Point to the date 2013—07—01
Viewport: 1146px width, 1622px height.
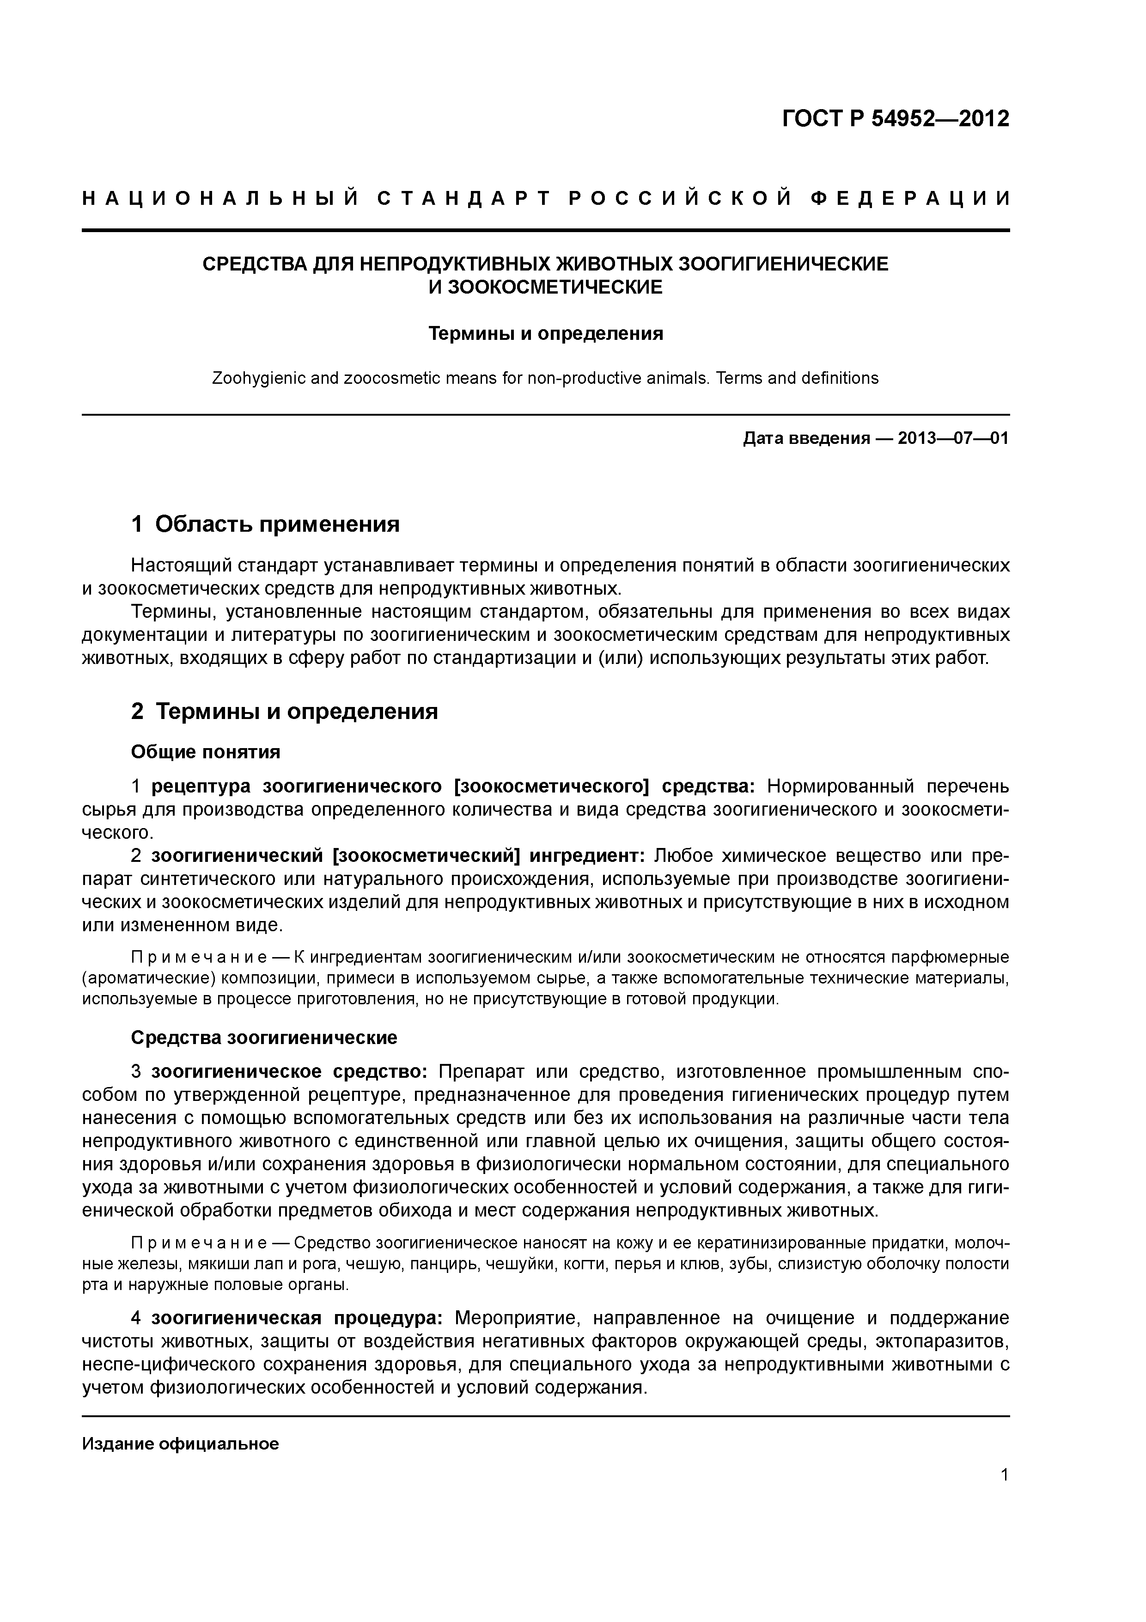[x=953, y=439]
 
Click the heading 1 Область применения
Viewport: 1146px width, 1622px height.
[x=266, y=524]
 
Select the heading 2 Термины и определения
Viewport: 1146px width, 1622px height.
[x=285, y=712]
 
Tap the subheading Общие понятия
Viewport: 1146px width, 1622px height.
[x=206, y=752]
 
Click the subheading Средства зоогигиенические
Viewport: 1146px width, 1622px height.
[x=264, y=1038]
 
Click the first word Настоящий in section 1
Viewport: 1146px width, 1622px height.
[x=182, y=566]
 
